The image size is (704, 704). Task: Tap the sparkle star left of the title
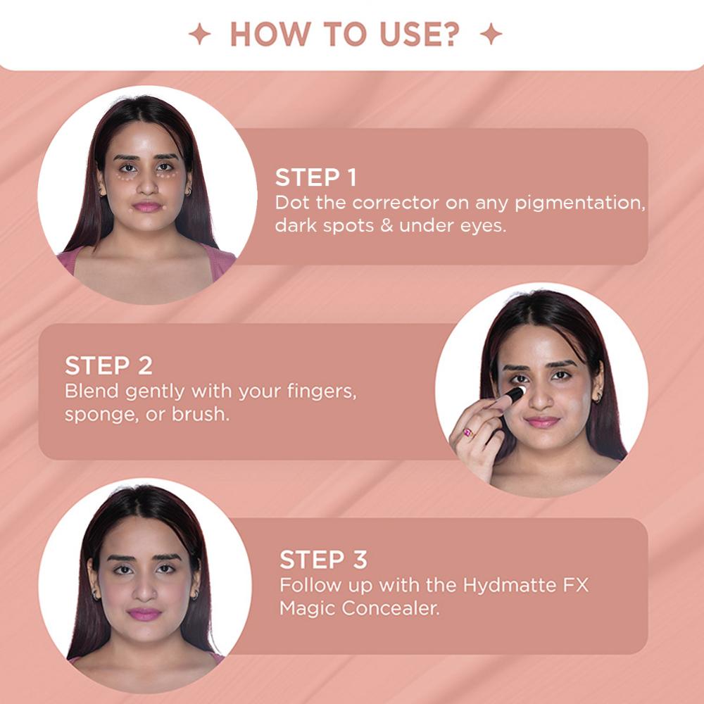pos(200,34)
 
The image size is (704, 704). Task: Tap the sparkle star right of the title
pos(491,34)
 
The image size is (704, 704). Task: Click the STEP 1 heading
pos(316,177)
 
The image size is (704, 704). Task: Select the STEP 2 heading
pos(108,365)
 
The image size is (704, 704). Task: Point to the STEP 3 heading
pos(323,560)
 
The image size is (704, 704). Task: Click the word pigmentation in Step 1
pos(579,203)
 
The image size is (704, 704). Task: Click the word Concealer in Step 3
pos(390,609)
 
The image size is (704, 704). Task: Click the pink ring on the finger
pos(469,433)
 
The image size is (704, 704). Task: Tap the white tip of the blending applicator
pos(520,390)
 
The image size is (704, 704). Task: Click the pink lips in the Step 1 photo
pos(147,206)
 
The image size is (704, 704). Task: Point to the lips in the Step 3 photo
pos(144,614)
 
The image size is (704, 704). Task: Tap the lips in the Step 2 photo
pos(542,422)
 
